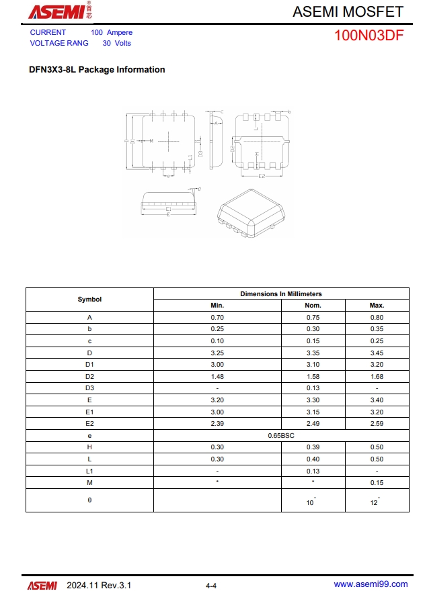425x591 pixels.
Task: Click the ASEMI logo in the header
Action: (57, 11)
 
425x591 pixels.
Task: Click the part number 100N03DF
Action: (369, 36)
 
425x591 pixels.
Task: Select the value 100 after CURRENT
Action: (97, 32)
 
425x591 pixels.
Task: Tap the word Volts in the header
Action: (122, 43)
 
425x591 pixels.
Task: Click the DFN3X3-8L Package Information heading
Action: (97, 70)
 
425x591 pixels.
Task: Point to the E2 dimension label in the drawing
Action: (262, 176)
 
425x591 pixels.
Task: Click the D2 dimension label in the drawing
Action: (233, 148)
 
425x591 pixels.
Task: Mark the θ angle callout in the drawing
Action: (199, 189)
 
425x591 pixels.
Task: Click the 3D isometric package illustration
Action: (249, 212)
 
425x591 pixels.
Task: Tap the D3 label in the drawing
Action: (200, 154)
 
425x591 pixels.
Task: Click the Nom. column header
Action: (313, 306)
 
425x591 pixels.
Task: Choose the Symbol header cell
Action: (89, 300)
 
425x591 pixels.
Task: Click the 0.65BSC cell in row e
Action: (281, 435)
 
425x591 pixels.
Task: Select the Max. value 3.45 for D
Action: (377, 353)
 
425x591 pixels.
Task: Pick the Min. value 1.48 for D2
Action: (217, 376)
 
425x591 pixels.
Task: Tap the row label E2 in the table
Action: (89, 423)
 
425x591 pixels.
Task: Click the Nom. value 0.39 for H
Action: (313, 447)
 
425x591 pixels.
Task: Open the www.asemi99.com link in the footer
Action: (371, 584)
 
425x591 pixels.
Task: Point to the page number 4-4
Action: (211, 586)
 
